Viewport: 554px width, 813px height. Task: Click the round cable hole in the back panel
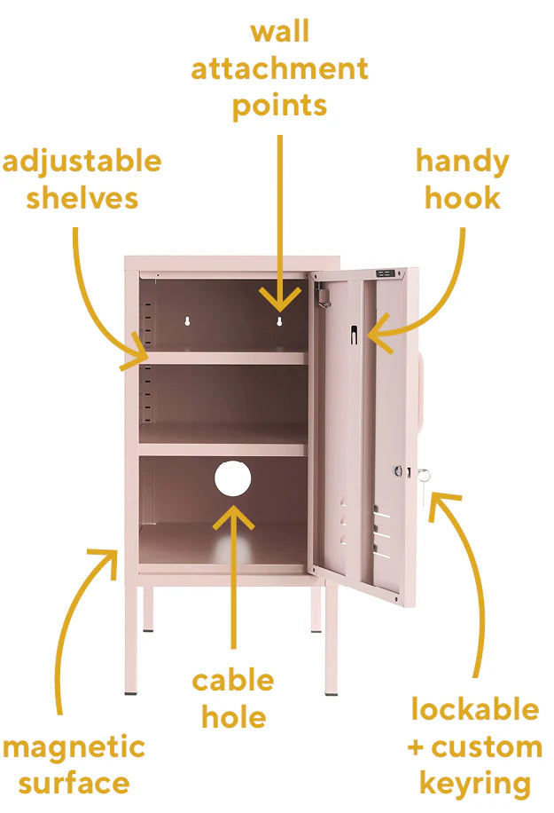(232, 478)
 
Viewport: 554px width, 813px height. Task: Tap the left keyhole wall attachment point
(187, 321)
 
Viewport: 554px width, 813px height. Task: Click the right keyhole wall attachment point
(279, 321)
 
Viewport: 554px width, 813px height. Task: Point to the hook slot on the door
(354, 335)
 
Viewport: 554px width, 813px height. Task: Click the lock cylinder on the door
(398, 471)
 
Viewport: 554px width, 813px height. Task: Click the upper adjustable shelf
(222, 358)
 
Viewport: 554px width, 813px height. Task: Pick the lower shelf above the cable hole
(222, 449)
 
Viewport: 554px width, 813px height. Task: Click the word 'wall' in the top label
(279, 32)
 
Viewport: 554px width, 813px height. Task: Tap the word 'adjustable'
(82, 162)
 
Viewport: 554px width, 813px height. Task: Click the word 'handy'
(463, 162)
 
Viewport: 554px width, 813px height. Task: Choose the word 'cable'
(233, 680)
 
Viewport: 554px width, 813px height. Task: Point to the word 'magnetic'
(74, 748)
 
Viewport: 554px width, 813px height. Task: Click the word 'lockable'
(475, 709)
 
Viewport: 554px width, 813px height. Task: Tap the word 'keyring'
(475, 784)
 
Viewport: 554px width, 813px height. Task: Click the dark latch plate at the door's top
(385, 273)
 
